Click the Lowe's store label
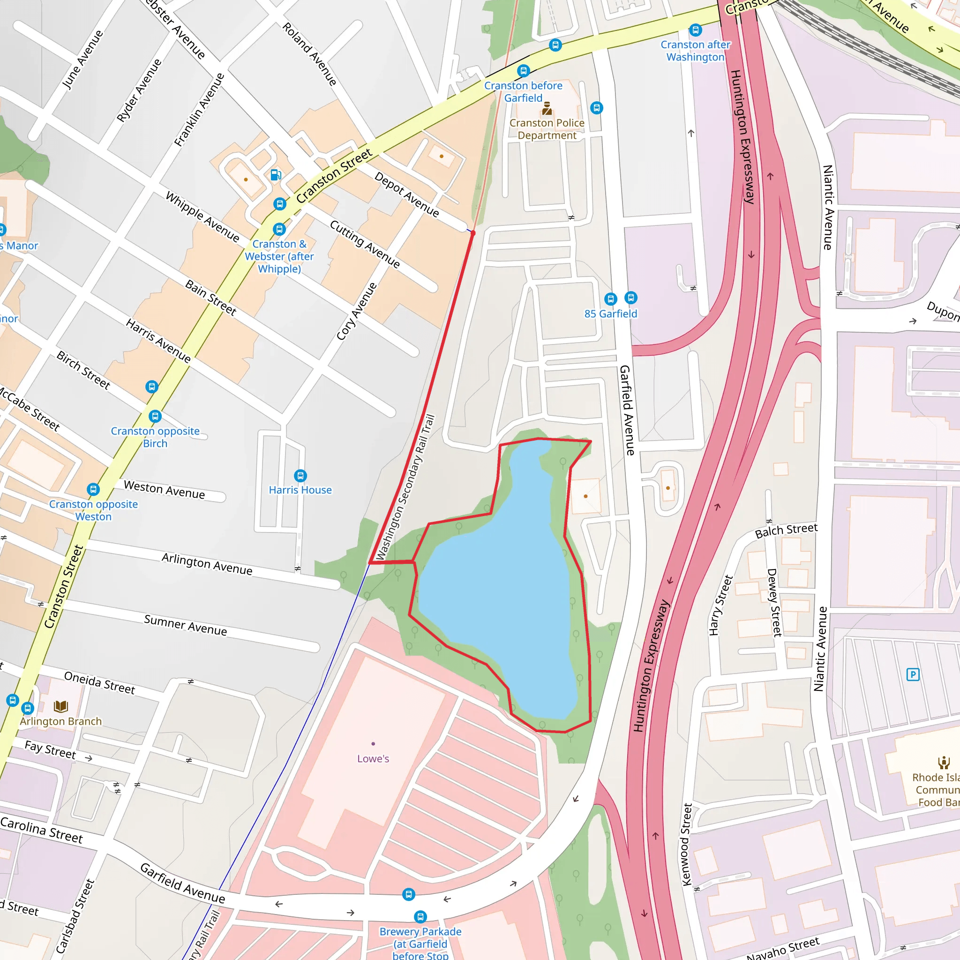(x=373, y=759)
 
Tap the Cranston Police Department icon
(x=547, y=108)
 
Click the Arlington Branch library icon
(x=60, y=706)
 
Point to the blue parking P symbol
(x=913, y=674)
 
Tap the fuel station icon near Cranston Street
(x=276, y=175)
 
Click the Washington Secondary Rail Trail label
(x=405, y=487)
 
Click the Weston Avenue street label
(x=164, y=489)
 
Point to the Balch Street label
(x=786, y=531)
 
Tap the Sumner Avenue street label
(x=185, y=626)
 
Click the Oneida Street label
(x=99, y=682)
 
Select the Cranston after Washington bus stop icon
(x=696, y=30)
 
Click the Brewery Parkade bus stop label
(x=420, y=944)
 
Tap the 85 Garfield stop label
(x=610, y=314)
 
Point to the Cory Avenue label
(x=356, y=312)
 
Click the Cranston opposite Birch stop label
(x=155, y=437)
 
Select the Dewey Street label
(x=774, y=602)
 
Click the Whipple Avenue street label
(x=202, y=217)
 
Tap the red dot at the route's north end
(x=473, y=232)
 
